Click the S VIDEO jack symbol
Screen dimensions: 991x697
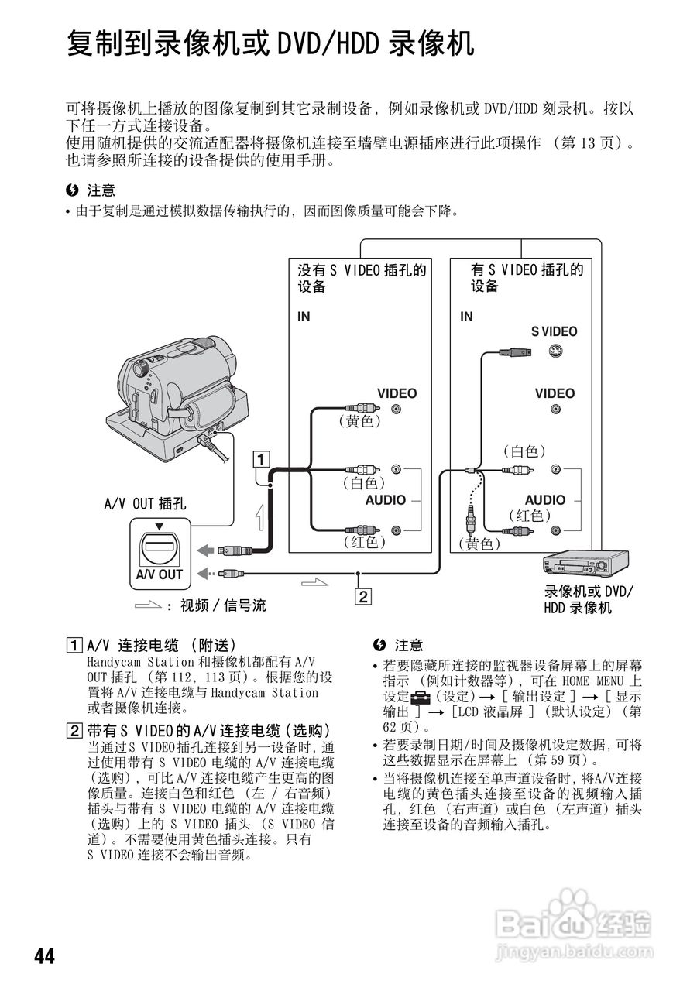tap(555, 351)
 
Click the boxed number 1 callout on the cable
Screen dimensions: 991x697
tap(263, 459)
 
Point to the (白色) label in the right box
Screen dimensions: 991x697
tap(524, 451)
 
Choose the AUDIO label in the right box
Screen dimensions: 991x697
tap(544, 500)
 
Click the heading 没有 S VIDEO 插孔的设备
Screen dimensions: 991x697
tap(362, 278)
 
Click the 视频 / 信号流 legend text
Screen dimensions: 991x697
tap(223, 605)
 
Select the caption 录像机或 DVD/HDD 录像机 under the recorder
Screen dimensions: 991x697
tap(588, 600)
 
